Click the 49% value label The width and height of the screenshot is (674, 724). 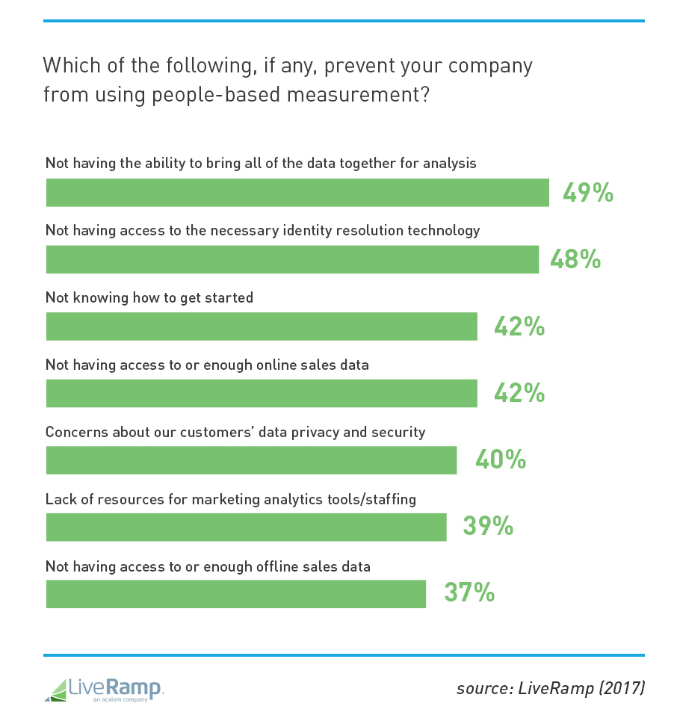[x=588, y=193]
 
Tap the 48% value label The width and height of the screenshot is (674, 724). [x=575, y=259]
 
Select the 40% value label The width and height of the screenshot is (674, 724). [x=501, y=460]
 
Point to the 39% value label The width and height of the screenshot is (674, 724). [x=488, y=527]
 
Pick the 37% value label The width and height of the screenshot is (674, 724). [x=469, y=593]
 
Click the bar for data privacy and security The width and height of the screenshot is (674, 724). [x=251, y=460]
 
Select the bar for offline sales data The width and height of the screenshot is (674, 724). [x=235, y=594]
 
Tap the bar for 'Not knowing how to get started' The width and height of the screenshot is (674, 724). [x=262, y=327]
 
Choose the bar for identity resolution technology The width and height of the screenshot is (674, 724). [x=292, y=259]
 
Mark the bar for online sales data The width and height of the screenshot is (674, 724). [x=262, y=393]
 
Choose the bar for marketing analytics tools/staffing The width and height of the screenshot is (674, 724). [x=246, y=527]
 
